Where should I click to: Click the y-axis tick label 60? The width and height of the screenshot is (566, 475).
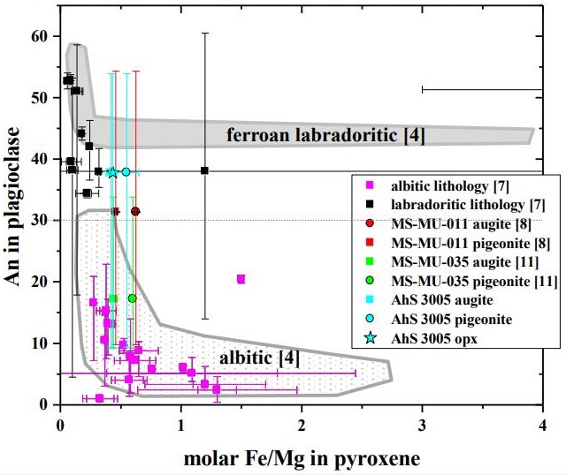(38, 36)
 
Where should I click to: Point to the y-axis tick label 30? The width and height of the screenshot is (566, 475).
(38, 221)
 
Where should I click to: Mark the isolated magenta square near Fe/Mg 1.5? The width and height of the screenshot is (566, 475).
(241, 279)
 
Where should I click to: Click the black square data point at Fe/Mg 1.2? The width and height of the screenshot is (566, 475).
(205, 170)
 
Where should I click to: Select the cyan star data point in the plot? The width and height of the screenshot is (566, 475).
(112, 172)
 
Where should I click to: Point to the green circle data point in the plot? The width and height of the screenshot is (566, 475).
(133, 298)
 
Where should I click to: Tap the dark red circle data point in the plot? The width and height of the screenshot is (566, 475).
(135, 211)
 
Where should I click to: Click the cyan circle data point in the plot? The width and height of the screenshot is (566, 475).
(126, 171)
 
